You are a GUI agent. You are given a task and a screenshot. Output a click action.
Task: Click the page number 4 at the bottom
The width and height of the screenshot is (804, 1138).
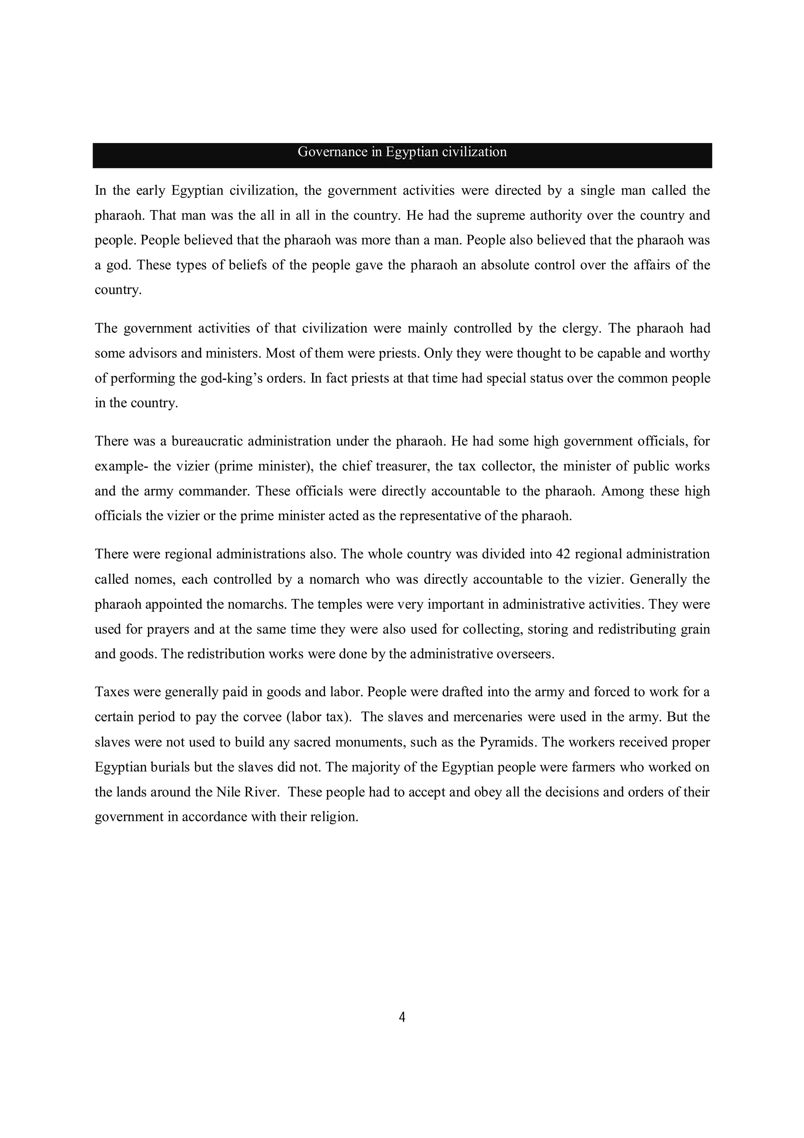pyautogui.click(x=402, y=1017)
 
